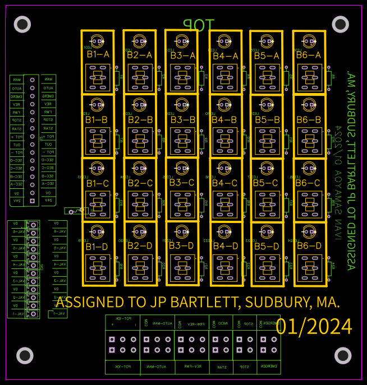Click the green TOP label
pos(199,25)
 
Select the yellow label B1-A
pos(98,55)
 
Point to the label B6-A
pos(308,55)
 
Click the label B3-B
pos(182,119)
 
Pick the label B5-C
pos(266,183)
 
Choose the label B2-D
pos(140,246)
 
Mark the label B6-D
pos(309,246)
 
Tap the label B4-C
pos(224,183)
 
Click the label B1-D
pos(97,247)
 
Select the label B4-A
pos(225,56)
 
